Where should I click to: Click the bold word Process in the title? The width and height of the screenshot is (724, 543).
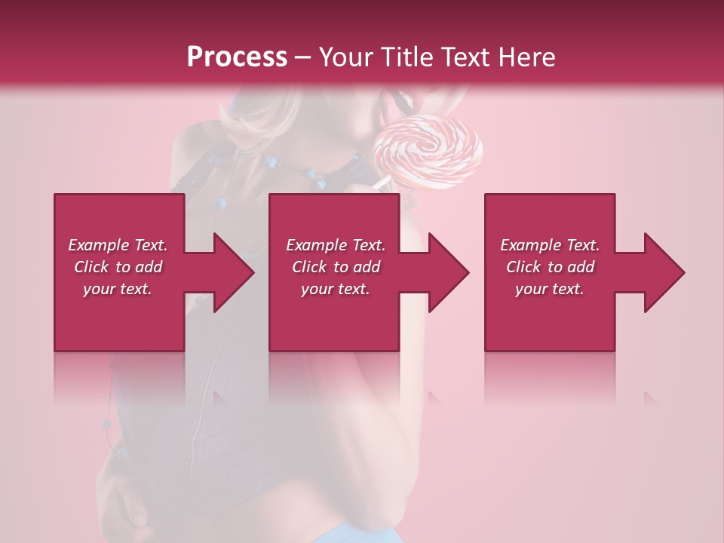[x=237, y=57]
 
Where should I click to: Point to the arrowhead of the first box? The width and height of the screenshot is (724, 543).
[x=230, y=272]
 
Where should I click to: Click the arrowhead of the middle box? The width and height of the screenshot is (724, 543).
[x=445, y=272]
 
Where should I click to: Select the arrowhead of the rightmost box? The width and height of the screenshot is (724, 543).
[x=661, y=272]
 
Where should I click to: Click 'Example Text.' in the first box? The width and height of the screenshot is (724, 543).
[x=118, y=245]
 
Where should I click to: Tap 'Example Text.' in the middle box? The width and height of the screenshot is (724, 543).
[x=336, y=245]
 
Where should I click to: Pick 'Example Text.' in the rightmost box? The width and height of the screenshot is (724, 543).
[x=550, y=245]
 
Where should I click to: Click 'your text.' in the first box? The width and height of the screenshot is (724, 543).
[x=118, y=289]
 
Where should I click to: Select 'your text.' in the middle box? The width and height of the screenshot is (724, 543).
[x=336, y=289]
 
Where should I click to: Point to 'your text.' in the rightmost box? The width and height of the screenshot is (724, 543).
[x=550, y=289]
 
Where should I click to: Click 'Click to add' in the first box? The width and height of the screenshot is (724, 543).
[x=118, y=267]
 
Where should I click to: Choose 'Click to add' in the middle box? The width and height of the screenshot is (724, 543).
[x=336, y=267]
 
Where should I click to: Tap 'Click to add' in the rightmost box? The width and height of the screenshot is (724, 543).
[x=550, y=267]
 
